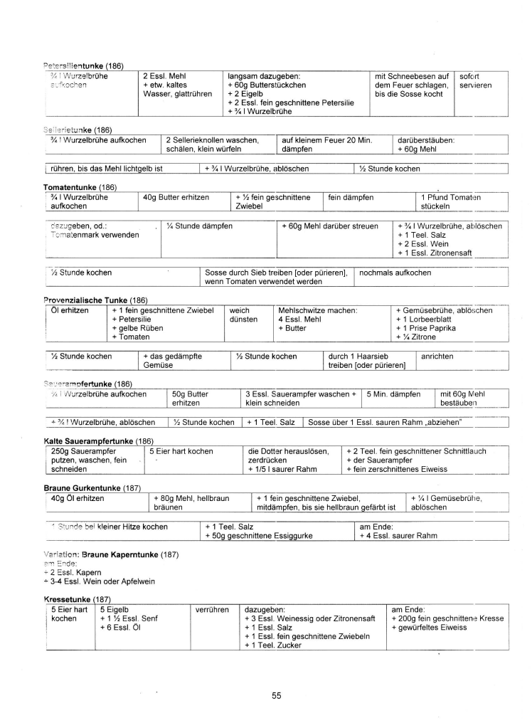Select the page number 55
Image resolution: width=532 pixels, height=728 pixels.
(277, 696)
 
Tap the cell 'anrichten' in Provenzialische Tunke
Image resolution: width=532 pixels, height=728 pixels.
(437, 356)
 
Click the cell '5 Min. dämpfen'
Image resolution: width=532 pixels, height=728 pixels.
(393, 394)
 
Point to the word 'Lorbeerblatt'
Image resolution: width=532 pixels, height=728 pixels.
(435, 319)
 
